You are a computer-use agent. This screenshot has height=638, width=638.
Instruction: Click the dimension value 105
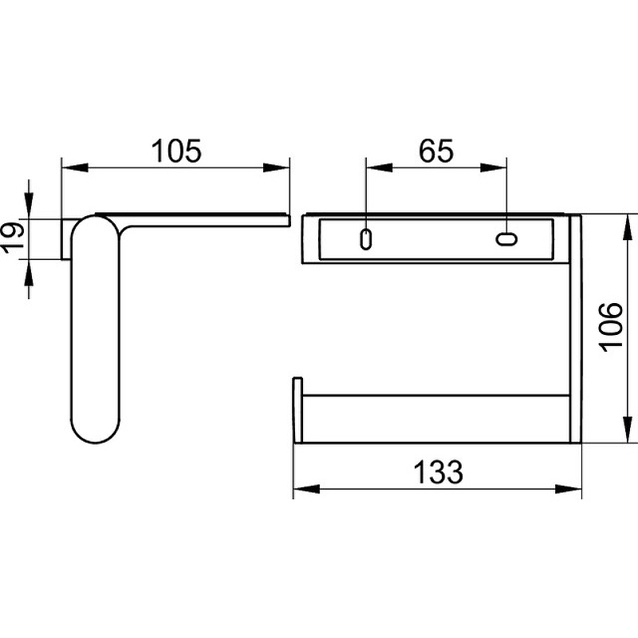[176, 151]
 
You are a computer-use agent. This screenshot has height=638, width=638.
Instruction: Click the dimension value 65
[435, 151]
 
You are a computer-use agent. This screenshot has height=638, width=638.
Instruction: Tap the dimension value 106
[611, 328]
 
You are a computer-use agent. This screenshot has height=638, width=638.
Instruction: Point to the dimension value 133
[438, 472]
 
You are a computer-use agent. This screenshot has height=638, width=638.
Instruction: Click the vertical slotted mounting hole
[366, 240]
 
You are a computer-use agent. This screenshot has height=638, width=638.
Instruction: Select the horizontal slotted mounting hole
[506, 238]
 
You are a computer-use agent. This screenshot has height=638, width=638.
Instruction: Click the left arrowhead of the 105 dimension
[74, 167]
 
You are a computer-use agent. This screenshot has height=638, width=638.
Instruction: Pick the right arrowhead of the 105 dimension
[276, 167]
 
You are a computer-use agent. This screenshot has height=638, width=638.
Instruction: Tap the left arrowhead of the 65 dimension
[380, 167]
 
